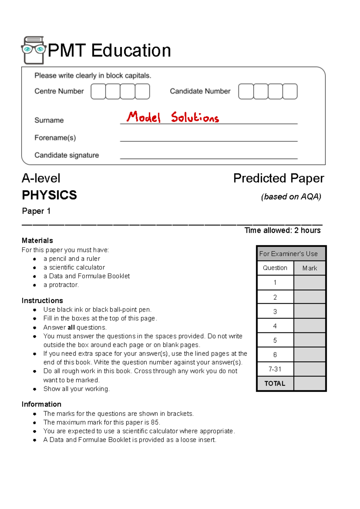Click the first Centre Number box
pyautogui.click(x=98, y=92)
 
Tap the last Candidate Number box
pyautogui.click(x=290, y=92)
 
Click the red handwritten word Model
pyautogui.click(x=143, y=117)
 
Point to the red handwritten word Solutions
pyautogui.click(x=195, y=117)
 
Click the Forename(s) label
pyautogui.click(x=55, y=138)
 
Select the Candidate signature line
pyautogui.click(x=208, y=158)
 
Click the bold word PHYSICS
pyautogui.click(x=49, y=195)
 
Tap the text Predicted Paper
pyautogui.click(x=279, y=178)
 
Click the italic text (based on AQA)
pyautogui.click(x=291, y=197)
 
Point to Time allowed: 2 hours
pyautogui.click(x=282, y=230)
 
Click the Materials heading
pyautogui.click(x=37, y=241)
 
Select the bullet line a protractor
pyautogui.click(x=61, y=285)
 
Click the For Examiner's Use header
pyautogui.click(x=288, y=254)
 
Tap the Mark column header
pyautogui.click(x=310, y=268)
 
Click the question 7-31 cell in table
pyautogui.click(x=275, y=369)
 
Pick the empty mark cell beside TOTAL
pyautogui.click(x=310, y=384)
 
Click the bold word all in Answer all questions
pyautogui.click(x=71, y=327)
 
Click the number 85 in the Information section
pyautogui.click(x=155, y=422)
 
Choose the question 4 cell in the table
pyautogui.click(x=275, y=326)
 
